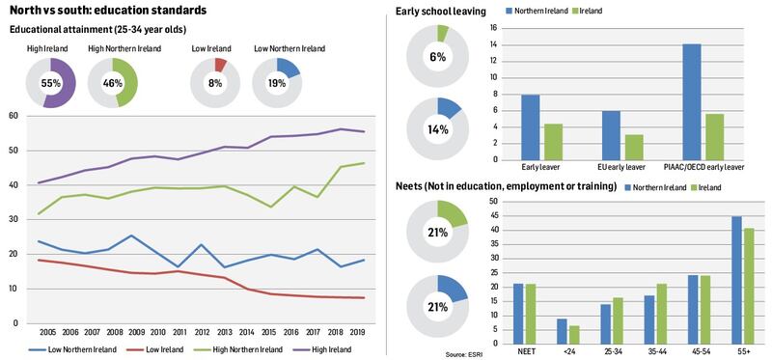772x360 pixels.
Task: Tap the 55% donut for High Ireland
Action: [52, 83]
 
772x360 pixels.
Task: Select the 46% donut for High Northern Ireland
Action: [113, 83]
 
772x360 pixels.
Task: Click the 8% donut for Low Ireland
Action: [215, 83]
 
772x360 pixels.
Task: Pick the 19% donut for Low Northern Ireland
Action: [277, 83]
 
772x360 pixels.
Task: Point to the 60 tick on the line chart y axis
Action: [14, 116]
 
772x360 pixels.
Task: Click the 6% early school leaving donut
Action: [437, 57]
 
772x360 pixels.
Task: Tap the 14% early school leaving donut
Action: [437, 128]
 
